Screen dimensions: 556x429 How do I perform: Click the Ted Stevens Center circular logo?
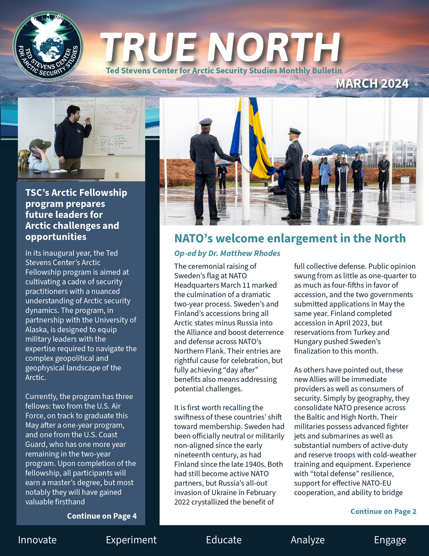tap(48, 47)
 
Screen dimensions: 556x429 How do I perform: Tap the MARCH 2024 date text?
tap(372, 83)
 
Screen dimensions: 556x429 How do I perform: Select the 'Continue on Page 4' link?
tap(102, 516)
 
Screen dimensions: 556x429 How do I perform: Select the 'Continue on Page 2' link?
tap(383, 511)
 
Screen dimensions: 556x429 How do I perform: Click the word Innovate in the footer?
tap(37, 540)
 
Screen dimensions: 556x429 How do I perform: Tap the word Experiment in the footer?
tap(131, 540)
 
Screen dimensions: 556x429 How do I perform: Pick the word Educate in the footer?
tap(224, 540)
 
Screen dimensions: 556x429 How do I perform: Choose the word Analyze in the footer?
tap(308, 540)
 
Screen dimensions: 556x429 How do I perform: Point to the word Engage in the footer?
tap(390, 540)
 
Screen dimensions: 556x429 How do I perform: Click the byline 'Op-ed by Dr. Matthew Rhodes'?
tap(227, 253)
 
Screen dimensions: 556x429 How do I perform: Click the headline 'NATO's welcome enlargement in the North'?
tap(290, 238)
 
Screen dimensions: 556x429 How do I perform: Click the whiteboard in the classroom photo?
tap(116, 127)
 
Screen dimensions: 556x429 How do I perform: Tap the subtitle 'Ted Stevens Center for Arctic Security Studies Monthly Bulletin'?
tap(224, 70)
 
